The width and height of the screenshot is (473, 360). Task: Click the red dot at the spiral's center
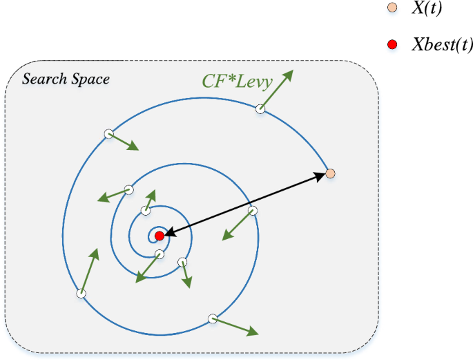160,236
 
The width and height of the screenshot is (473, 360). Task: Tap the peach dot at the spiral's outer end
330,173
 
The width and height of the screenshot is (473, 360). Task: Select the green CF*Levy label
237,82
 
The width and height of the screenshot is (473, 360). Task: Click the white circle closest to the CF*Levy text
260,108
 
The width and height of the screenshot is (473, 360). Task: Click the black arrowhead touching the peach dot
321,176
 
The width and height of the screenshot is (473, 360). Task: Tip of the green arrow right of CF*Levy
291,70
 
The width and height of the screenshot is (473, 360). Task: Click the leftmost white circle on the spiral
81,293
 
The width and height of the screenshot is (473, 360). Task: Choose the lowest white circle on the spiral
213,319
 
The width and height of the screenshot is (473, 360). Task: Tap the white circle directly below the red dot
160,254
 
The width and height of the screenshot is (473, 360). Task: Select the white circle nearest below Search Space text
108,134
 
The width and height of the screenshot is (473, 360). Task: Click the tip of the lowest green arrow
258,334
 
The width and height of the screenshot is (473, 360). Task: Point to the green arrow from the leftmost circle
88,272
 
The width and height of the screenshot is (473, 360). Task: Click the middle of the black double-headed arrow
245,205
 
